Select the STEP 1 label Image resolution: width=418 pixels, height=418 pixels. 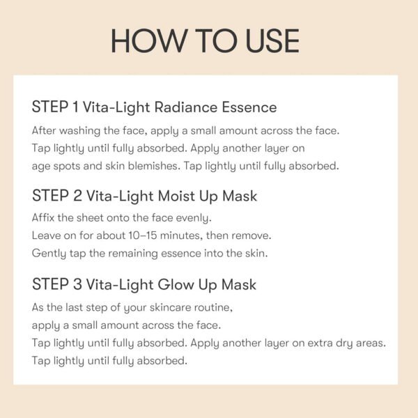[x=55, y=107]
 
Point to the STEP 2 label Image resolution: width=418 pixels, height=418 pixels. [x=56, y=196]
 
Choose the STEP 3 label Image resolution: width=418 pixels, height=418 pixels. [x=56, y=284]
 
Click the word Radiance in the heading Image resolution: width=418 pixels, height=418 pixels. [x=190, y=107]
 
